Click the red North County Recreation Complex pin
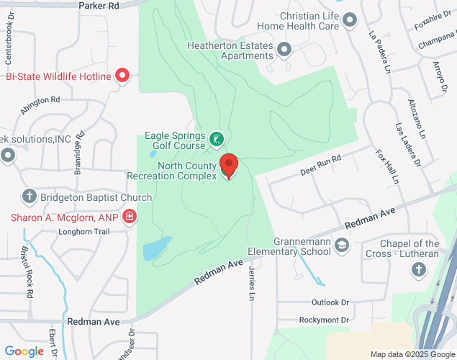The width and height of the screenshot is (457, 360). point(229,166)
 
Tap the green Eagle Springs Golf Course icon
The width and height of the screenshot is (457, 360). point(216,138)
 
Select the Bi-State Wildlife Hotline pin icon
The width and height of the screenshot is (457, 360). point(122,76)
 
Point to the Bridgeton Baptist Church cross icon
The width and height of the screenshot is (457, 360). point(30,197)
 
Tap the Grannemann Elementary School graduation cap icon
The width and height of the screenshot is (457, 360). point(342,246)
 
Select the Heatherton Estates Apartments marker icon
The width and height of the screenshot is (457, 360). point(284,50)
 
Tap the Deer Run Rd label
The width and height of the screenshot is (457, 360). point(320,167)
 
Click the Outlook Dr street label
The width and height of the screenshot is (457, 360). point(330,302)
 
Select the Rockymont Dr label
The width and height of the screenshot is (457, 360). point(324,320)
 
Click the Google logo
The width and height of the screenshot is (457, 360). point(24,351)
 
